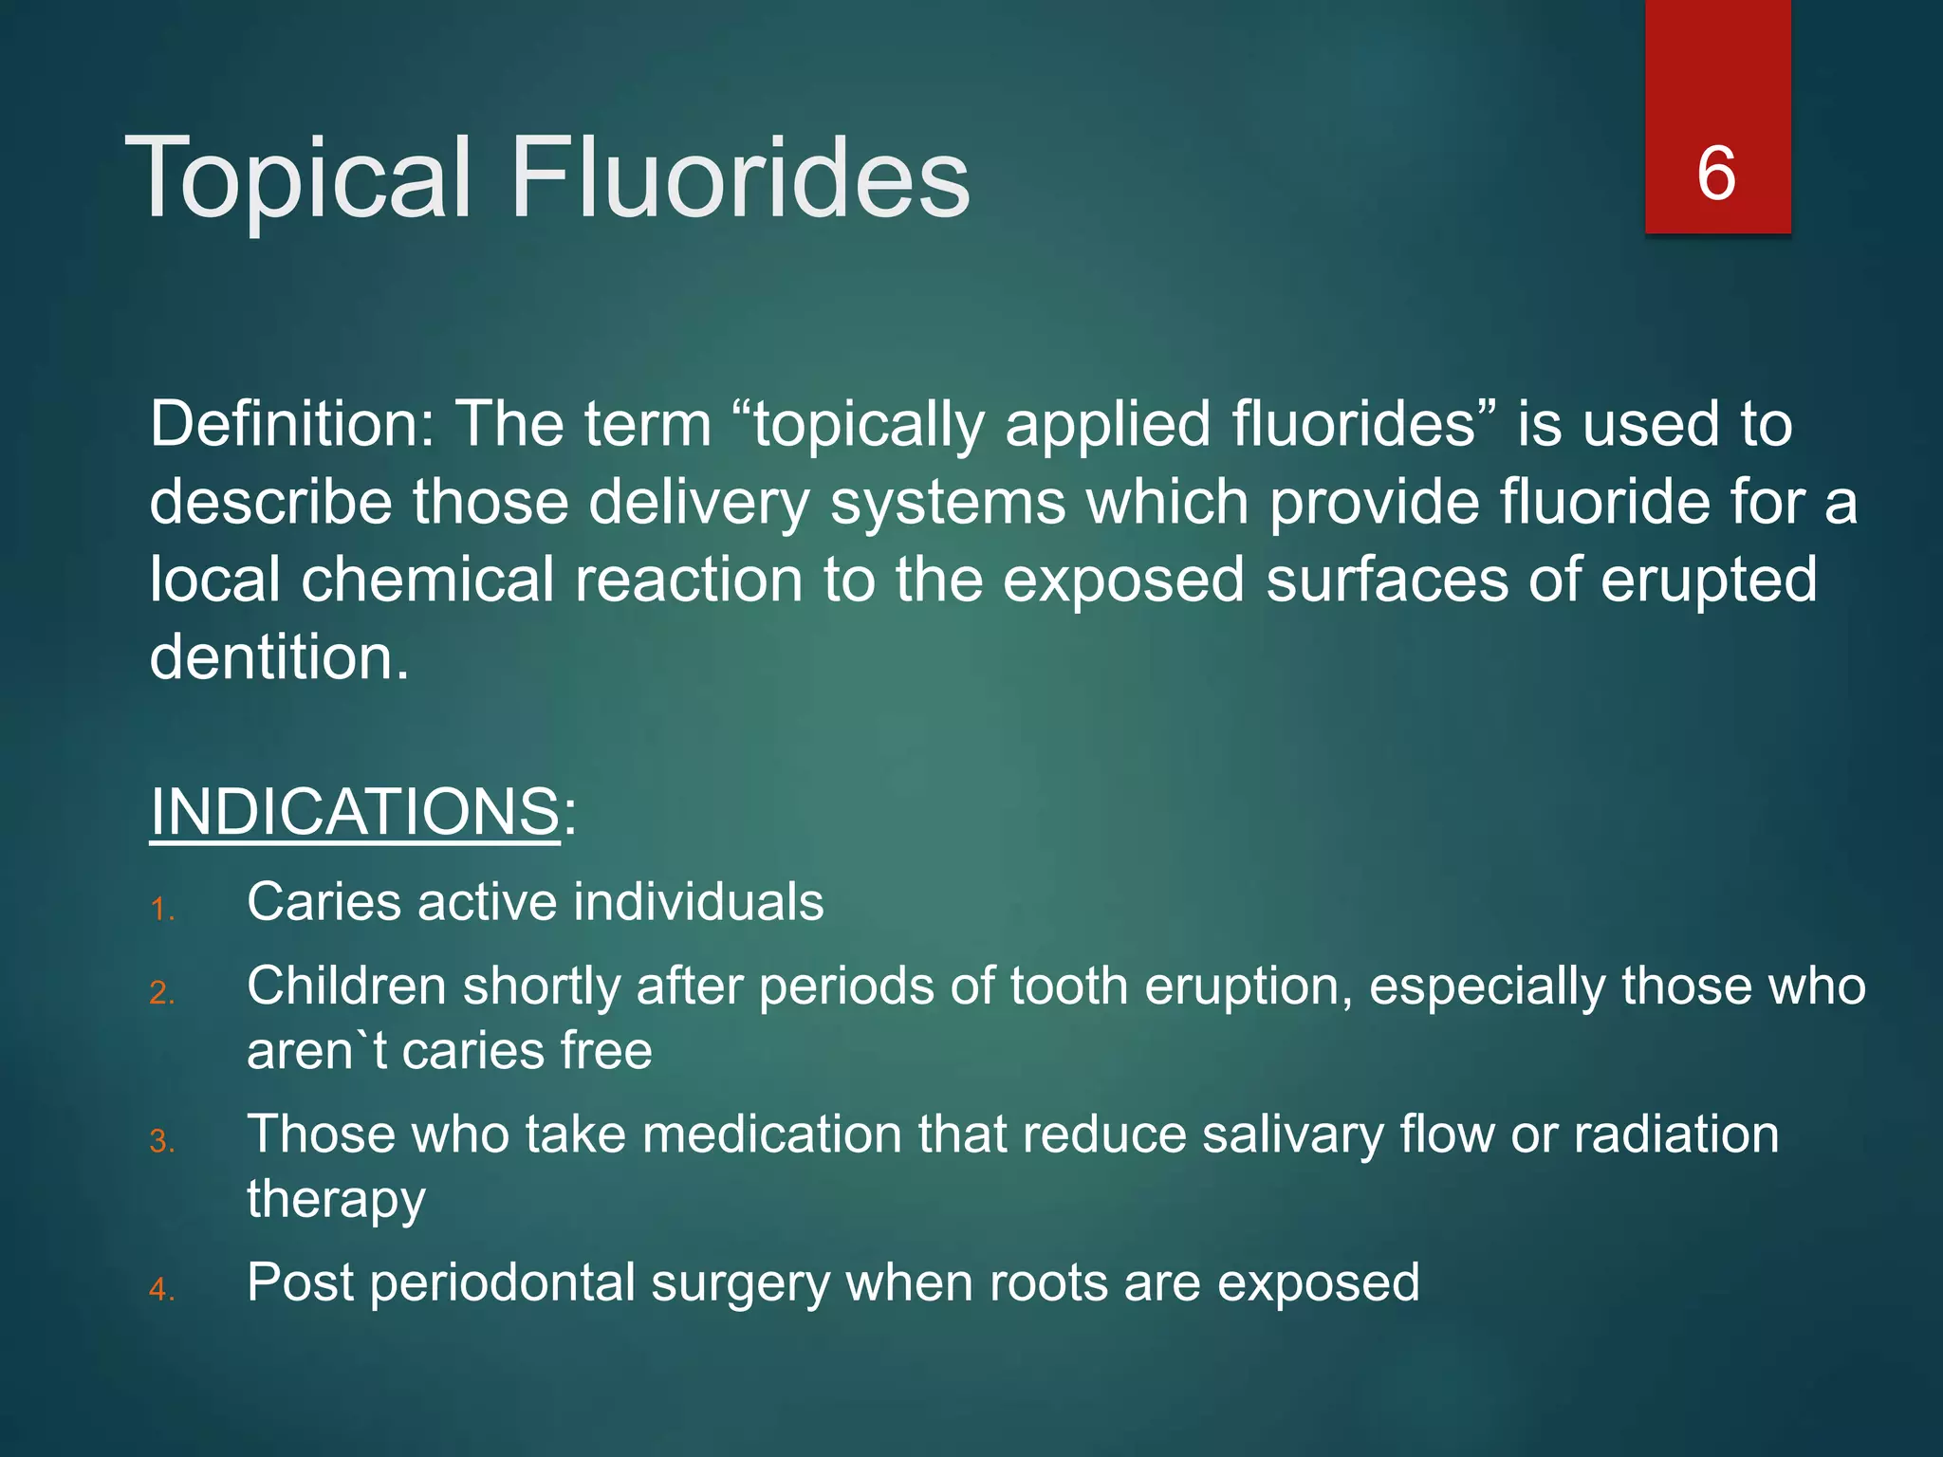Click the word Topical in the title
point(297,178)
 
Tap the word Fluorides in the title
point(740,178)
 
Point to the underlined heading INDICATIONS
point(355,812)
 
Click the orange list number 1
point(161,911)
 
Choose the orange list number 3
point(161,1141)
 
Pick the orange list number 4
point(161,1289)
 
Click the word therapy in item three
point(336,1200)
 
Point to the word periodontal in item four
point(503,1283)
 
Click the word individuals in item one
point(698,901)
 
